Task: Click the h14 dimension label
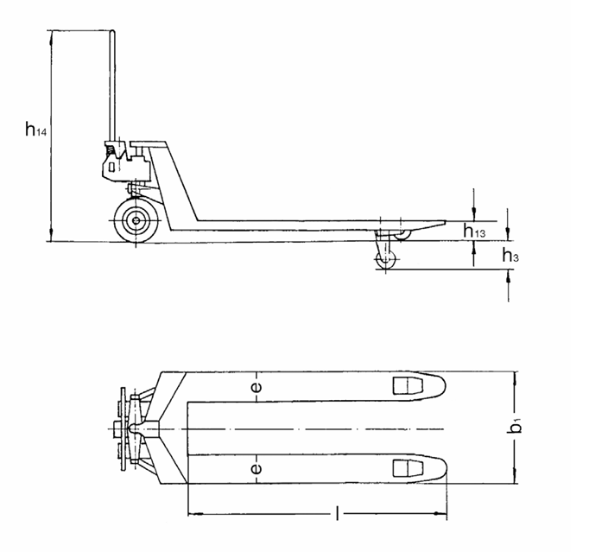coord(35,130)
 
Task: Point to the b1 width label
coord(517,426)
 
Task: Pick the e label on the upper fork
coord(256,388)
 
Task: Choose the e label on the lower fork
coord(256,469)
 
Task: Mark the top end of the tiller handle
coord(111,33)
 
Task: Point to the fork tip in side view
coord(442,223)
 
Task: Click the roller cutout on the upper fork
coord(403,385)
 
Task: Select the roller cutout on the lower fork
coord(403,468)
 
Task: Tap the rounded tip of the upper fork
coord(442,385)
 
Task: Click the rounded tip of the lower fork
coord(442,468)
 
